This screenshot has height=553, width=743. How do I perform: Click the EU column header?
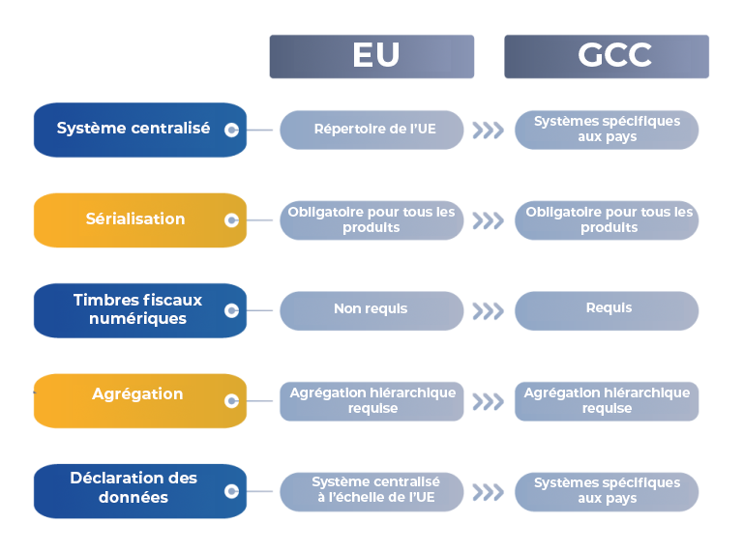click(x=371, y=56)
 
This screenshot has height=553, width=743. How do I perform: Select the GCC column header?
click(x=607, y=56)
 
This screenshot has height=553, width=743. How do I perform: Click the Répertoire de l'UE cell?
click(x=371, y=130)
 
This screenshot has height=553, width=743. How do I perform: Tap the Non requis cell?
click(x=371, y=310)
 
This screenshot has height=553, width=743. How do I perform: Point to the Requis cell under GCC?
click(x=607, y=309)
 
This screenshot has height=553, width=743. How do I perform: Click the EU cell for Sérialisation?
click(x=371, y=220)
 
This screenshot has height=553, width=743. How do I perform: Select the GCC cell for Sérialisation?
click(x=607, y=220)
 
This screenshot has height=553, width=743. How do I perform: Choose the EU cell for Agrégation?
click(x=371, y=401)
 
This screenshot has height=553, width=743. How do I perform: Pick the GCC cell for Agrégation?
click(x=607, y=401)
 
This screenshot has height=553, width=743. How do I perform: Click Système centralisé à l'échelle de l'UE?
click(x=371, y=491)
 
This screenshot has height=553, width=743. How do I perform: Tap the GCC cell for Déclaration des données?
click(x=607, y=491)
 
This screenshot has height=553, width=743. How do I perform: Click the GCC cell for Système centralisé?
click(x=607, y=130)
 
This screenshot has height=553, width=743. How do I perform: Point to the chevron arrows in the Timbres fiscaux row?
click(x=488, y=310)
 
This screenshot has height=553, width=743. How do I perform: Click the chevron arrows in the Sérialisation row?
click(x=488, y=220)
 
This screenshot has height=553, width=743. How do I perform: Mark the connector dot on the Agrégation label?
click(x=231, y=400)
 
